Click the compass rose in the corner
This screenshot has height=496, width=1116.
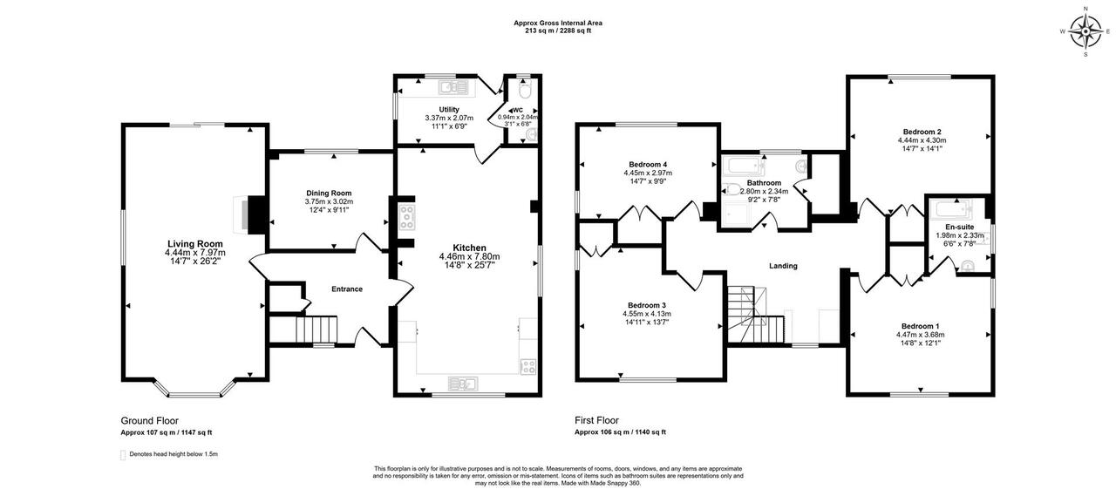coord(1085,32)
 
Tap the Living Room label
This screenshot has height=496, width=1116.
coord(195,244)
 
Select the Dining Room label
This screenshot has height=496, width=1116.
coord(329,193)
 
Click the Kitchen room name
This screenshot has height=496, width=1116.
coord(469,248)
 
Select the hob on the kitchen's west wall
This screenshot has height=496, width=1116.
coord(407,216)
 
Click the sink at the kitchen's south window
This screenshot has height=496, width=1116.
coord(460,383)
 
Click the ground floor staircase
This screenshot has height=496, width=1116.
coord(316,330)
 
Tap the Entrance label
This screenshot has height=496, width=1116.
coord(346,289)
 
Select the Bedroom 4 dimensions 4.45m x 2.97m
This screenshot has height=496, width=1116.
coord(647,173)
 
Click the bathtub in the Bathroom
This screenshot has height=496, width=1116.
coord(744,164)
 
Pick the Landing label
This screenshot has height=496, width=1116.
coord(782,266)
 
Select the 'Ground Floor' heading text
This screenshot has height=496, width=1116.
coord(149,421)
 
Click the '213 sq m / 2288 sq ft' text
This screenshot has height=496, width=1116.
coord(557,31)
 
